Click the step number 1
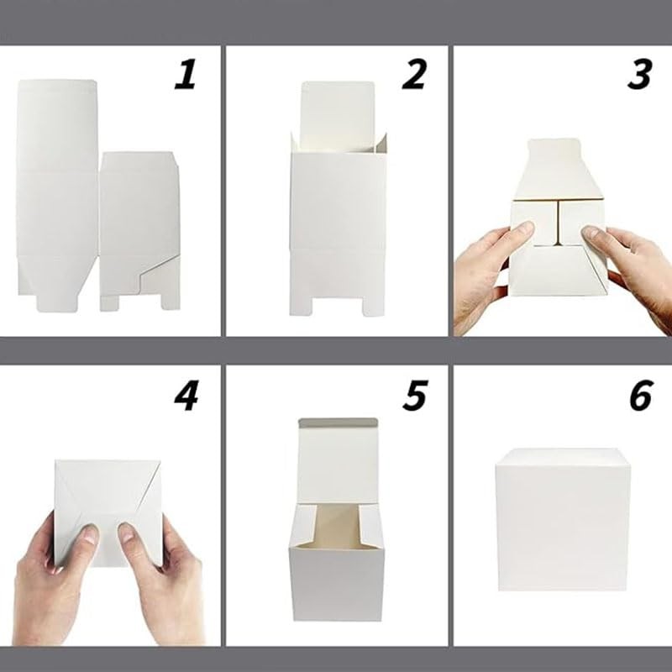point(185,75)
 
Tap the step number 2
point(414,75)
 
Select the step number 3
point(640,75)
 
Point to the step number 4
point(186,396)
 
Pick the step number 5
point(415,396)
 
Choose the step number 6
point(641,396)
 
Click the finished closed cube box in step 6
point(563,520)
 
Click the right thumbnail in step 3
point(591,234)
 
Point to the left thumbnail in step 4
point(90,533)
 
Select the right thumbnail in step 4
point(126,532)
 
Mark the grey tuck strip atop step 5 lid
point(338,423)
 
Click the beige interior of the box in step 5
point(337,527)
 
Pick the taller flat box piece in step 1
point(57,195)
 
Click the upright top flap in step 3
point(558,170)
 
